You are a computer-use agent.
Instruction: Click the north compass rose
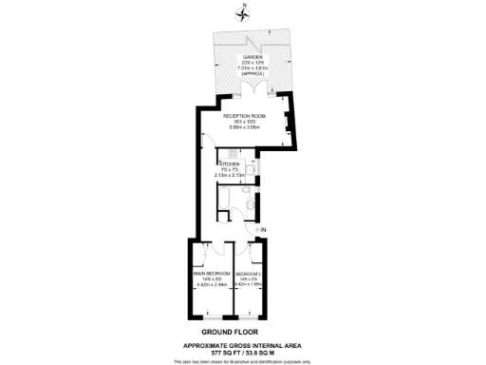click(243, 14)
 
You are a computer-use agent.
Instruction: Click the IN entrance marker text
click(263, 230)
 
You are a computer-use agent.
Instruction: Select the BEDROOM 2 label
click(250, 273)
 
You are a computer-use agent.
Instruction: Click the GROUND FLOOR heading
click(242, 333)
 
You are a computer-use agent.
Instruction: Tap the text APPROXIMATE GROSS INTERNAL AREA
click(242, 344)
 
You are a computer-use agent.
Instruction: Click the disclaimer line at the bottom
click(242, 361)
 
